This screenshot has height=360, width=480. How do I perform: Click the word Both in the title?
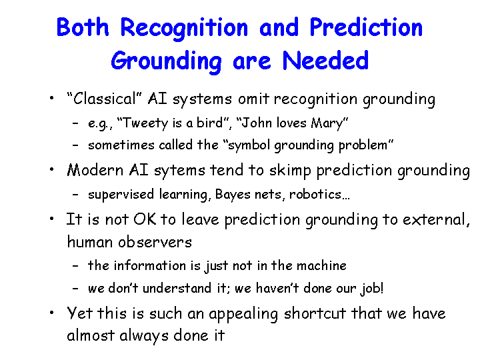[x=83, y=27]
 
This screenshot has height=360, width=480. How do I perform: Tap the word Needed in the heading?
[x=325, y=60]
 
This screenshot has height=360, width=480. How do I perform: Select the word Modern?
[x=95, y=170]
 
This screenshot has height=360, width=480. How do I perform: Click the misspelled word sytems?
[x=179, y=171]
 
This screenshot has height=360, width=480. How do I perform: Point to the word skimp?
[x=290, y=171]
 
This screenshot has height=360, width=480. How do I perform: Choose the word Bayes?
[x=233, y=195]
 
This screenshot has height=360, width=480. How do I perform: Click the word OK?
[x=144, y=219]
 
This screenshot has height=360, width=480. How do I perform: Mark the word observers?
[x=155, y=242]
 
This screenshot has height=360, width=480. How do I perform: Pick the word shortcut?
[x=315, y=313]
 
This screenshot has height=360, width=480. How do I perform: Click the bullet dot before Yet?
[x=52, y=313]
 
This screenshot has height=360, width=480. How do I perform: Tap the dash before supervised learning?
[x=75, y=195]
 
